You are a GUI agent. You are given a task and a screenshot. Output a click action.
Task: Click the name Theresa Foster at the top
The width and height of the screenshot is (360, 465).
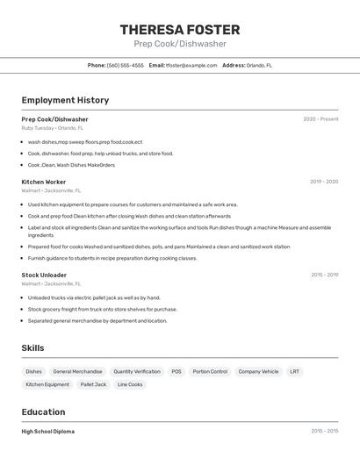tap(179, 29)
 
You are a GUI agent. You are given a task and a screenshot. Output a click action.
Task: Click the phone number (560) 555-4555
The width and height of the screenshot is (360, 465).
tap(126, 65)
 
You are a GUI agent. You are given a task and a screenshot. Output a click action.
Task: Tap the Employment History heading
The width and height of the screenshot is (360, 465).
tap(65, 100)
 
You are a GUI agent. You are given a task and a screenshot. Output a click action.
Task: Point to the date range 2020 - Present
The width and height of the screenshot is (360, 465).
tap(320, 119)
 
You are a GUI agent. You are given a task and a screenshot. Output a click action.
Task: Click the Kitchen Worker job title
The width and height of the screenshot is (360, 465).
tap(43, 182)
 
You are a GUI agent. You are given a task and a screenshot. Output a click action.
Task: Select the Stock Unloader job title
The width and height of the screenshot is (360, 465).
tap(44, 275)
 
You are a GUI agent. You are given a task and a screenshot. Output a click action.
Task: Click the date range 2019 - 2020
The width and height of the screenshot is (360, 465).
tap(324, 182)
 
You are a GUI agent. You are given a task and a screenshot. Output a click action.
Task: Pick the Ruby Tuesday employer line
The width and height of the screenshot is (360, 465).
tap(52, 128)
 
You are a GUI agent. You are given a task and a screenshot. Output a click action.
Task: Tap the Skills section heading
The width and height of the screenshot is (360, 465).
tap(32, 348)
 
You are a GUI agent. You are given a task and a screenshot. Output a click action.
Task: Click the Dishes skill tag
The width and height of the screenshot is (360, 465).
tap(34, 371)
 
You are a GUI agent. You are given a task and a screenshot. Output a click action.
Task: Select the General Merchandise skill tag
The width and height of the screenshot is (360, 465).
tap(77, 371)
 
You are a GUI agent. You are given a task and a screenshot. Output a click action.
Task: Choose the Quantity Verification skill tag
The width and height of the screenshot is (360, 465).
tap(137, 371)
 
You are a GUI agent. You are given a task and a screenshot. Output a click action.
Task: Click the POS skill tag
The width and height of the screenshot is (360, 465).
tap(176, 371)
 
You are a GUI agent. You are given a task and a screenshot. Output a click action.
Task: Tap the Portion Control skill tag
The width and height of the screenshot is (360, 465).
tap(210, 371)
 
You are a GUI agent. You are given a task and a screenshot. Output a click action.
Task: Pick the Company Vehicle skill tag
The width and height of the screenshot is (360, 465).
tap(258, 371)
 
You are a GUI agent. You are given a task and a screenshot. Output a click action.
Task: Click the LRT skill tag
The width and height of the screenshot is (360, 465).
tap(294, 371)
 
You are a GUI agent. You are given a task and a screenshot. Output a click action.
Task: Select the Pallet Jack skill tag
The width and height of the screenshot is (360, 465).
tap(93, 384)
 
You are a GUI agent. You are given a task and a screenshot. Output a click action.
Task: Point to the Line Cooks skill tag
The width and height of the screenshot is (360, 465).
tap(130, 384)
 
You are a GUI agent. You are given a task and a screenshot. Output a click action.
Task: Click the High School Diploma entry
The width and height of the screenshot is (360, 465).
tap(47, 432)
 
